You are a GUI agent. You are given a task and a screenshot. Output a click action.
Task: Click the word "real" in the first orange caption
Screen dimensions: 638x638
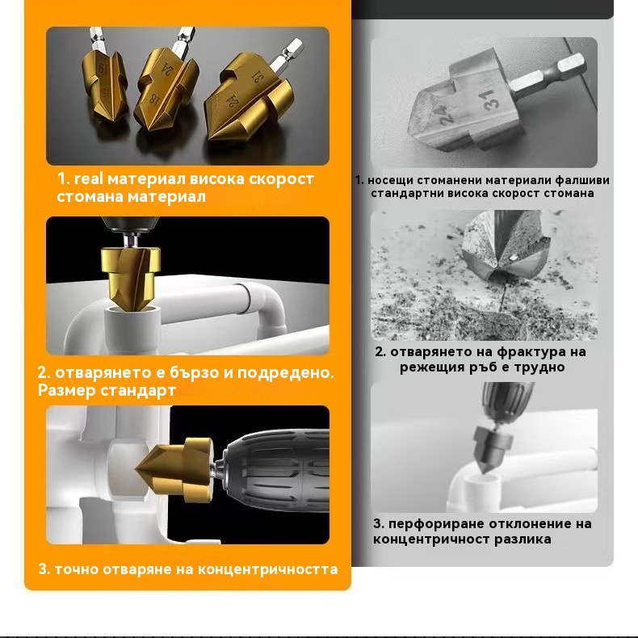click(88, 178)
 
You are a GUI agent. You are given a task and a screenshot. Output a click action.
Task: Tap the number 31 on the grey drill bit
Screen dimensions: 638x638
click(491, 99)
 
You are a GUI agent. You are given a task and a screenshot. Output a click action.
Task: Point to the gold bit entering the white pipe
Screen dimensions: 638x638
click(130, 278)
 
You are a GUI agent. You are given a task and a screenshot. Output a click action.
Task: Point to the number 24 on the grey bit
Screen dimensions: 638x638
click(447, 115)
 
